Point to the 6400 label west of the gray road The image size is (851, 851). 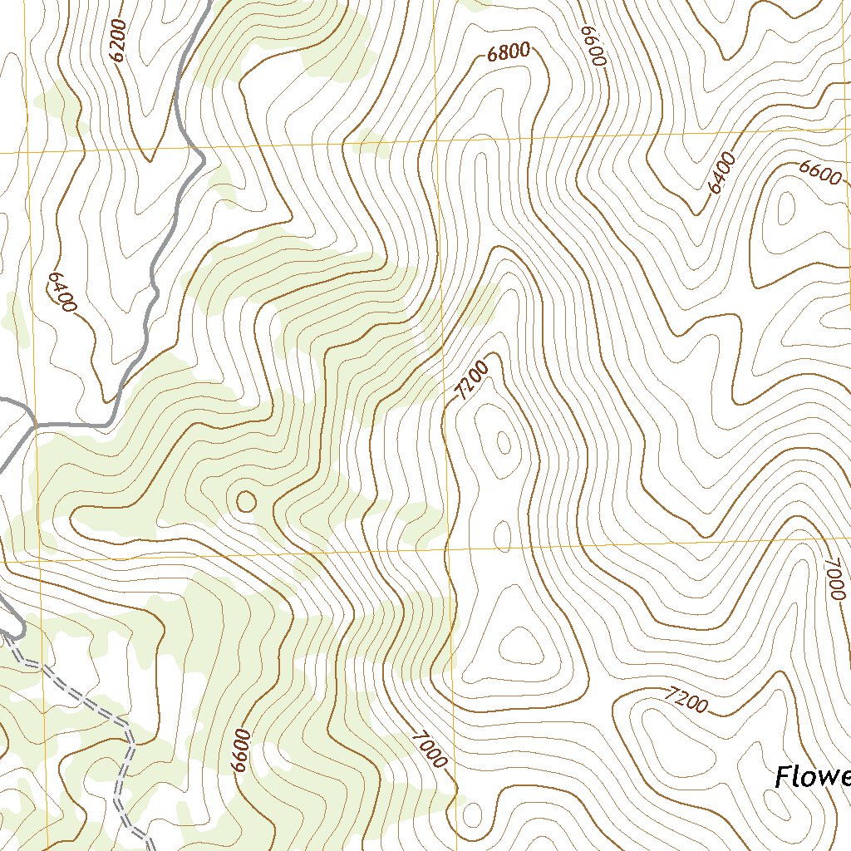61,291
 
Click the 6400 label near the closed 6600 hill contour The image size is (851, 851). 722,173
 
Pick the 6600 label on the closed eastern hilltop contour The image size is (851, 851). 820,172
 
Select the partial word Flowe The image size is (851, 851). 812,778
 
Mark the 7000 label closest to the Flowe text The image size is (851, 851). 834,579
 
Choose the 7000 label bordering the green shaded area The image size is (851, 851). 430,749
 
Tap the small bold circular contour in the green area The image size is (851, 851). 246,501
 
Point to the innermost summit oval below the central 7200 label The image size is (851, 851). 504,443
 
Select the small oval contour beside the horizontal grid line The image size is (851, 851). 503,536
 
